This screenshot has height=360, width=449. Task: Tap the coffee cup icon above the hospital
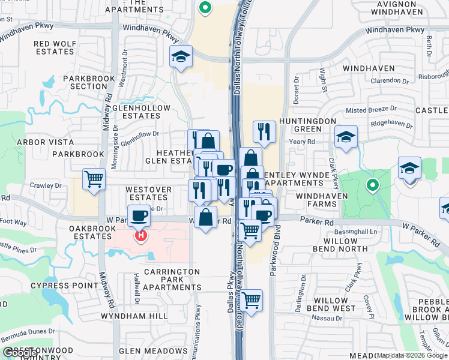(x=139, y=215)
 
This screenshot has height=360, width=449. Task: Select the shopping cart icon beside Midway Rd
(x=94, y=179)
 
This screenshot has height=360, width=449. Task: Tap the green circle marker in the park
(x=372, y=185)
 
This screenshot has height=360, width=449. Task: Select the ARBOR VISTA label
(x=45, y=142)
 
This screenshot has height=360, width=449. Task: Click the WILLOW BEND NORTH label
(x=340, y=245)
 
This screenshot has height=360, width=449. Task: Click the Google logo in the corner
(x=19, y=353)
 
